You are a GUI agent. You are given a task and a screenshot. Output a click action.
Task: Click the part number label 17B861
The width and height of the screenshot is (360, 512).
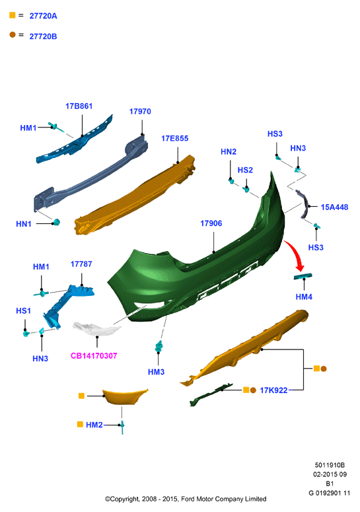[x=79, y=106]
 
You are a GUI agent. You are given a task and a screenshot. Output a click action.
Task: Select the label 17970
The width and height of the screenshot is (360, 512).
[x=140, y=112]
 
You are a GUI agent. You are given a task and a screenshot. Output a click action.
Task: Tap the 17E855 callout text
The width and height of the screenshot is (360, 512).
[x=174, y=139]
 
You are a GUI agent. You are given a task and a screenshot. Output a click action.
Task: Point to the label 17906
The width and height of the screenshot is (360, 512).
[x=211, y=223]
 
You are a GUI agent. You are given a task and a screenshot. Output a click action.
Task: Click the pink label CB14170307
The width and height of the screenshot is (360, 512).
[x=94, y=355]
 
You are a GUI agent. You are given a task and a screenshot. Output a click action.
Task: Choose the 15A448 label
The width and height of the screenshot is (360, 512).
[x=334, y=207]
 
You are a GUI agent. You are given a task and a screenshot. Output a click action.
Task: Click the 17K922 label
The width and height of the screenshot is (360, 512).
[x=273, y=390]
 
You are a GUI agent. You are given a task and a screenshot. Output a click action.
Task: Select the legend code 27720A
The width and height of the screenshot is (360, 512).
[x=43, y=16]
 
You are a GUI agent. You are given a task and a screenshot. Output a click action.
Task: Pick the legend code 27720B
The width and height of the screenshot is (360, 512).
[x=43, y=36]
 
